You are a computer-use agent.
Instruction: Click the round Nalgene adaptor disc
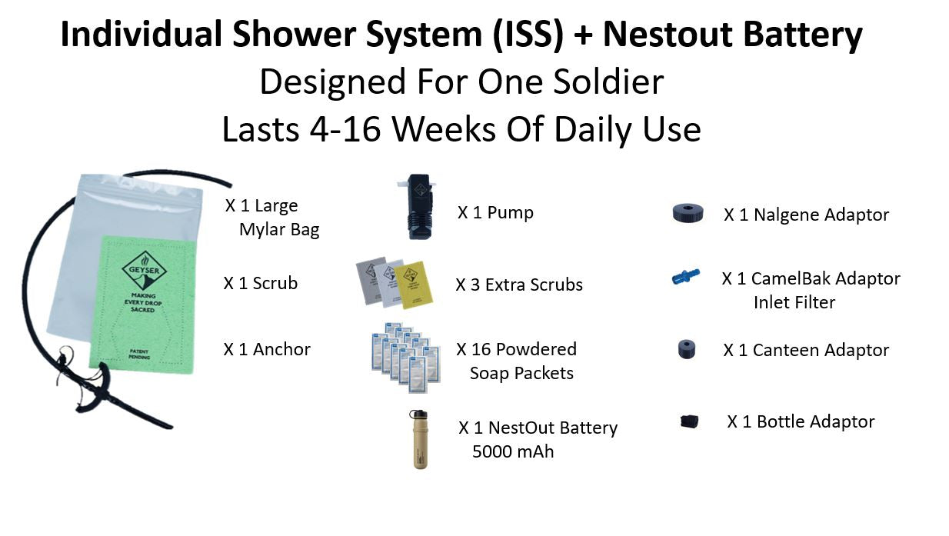tap(688, 214)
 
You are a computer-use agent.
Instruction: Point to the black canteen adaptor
tap(687, 350)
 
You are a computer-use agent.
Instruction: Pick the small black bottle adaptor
tap(688, 421)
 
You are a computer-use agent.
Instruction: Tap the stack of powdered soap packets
tap(405, 353)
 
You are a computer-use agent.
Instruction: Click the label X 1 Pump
tap(495, 212)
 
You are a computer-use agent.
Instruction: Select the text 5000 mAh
tap(513, 451)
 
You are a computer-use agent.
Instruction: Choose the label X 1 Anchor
tap(267, 349)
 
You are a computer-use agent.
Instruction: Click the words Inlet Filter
tap(794, 302)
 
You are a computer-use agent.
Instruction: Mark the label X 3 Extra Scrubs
tap(519, 285)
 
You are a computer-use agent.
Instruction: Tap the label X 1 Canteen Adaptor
tap(806, 350)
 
